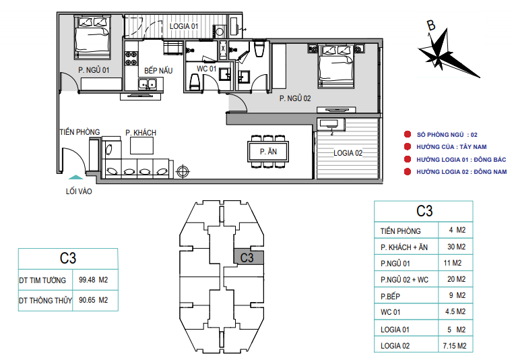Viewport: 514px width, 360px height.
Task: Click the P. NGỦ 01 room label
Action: point(94,70)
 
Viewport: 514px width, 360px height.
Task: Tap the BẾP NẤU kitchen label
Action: point(158,71)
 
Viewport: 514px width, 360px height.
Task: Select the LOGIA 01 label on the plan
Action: point(183,26)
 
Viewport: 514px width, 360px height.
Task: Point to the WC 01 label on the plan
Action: point(206,69)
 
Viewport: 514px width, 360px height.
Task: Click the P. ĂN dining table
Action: point(268,152)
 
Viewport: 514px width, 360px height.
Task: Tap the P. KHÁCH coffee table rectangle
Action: point(141,146)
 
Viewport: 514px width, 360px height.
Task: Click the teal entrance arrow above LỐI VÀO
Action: point(75,177)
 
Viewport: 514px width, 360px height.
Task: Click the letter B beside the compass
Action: point(430,25)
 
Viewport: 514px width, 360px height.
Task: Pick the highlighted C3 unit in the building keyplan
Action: point(249,258)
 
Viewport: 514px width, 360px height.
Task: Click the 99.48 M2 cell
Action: point(94,280)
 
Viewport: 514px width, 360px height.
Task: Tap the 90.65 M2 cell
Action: point(94,300)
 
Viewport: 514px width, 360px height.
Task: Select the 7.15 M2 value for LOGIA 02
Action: point(454,346)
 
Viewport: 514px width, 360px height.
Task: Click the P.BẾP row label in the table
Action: point(390,297)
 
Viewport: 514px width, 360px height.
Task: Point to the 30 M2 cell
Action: point(456,247)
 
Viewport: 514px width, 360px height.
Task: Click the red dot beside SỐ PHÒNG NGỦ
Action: point(408,134)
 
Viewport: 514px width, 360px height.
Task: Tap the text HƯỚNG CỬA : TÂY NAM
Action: point(451,147)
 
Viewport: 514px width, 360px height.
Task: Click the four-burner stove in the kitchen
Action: point(131,59)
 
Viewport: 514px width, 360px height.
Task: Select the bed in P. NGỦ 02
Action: point(336,67)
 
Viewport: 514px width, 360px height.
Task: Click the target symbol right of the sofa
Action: point(183,171)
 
